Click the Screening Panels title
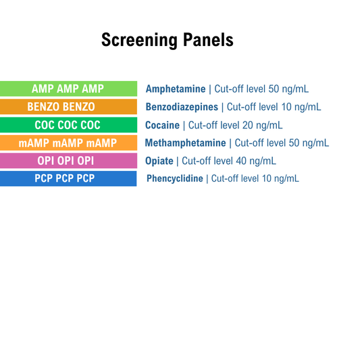pos(167,40)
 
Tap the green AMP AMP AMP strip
pos(68,88)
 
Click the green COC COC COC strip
pos(68,125)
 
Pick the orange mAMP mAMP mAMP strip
pos(68,143)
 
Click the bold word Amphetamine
pos(176,88)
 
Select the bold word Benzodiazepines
pos(182,107)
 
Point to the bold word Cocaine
pos(162,125)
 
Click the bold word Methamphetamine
pos(186,143)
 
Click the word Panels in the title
pos(209,40)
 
